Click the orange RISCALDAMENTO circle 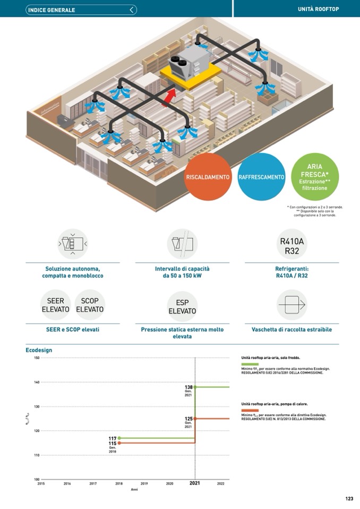(208, 177)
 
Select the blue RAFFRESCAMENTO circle (261, 177)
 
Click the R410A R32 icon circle (292, 246)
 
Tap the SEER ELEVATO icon (56, 305)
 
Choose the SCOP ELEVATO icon (90, 305)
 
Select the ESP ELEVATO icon (182, 306)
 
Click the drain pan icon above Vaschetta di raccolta (292, 305)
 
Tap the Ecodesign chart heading (39, 350)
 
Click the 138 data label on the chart (188, 387)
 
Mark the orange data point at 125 (195, 419)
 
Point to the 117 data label (113, 438)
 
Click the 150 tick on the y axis (37, 358)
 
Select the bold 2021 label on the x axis (195, 484)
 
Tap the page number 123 (349, 498)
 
